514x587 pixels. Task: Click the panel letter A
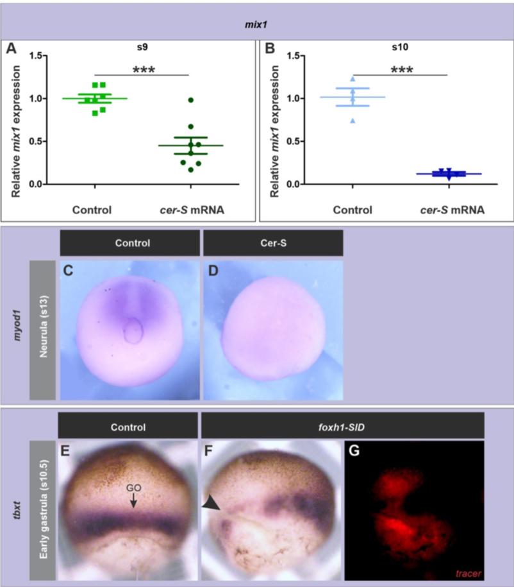pyautogui.click(x=10, y=49)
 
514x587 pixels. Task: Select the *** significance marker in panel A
pyautogui.click(x=145, y=69)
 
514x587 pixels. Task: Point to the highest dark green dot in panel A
pyautogui.click(x=190, y=100)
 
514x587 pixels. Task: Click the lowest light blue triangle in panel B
pyautogui.click(x=352, y=120)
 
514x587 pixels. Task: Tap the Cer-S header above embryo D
pyautogui.click(x=272, y=244)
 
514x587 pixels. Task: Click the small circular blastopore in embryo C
pyautogui.click(x=133, y=331)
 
